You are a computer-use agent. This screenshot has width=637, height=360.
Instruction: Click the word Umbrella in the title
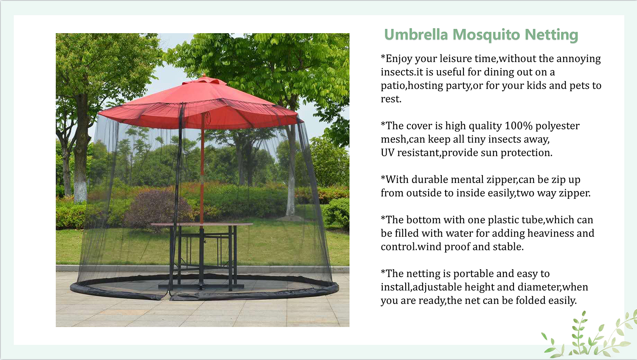(x=416, y=35)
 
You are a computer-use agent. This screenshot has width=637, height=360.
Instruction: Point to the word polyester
(x=557, y=126)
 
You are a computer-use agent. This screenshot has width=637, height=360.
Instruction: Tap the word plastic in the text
(x=506, y=220)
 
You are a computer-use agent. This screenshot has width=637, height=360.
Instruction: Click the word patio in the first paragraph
(x=393, y=86)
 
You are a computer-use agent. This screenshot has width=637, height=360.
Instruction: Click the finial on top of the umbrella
(x=204, y=76)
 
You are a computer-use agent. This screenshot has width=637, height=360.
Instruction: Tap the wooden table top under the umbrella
(x=202, y=224)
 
